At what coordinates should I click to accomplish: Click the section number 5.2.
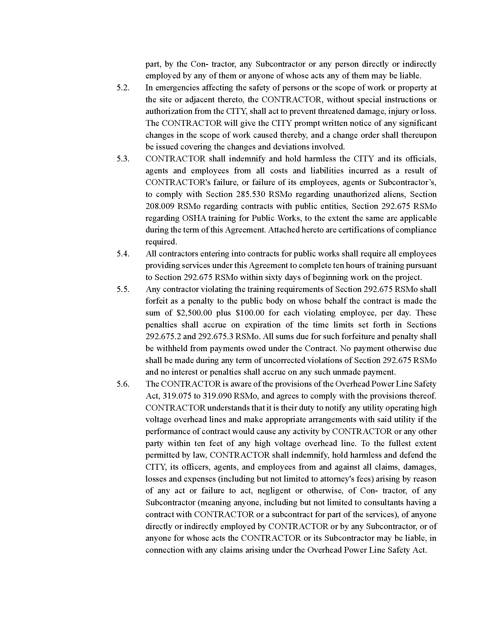click(123, 88)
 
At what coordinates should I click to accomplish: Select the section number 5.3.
click(123, 159)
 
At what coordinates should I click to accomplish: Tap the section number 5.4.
click(123, 253)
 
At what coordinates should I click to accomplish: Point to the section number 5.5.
click(123, 289)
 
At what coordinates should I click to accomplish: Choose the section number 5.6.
click(123, 384)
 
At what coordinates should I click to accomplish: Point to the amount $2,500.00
click(195, 313)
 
